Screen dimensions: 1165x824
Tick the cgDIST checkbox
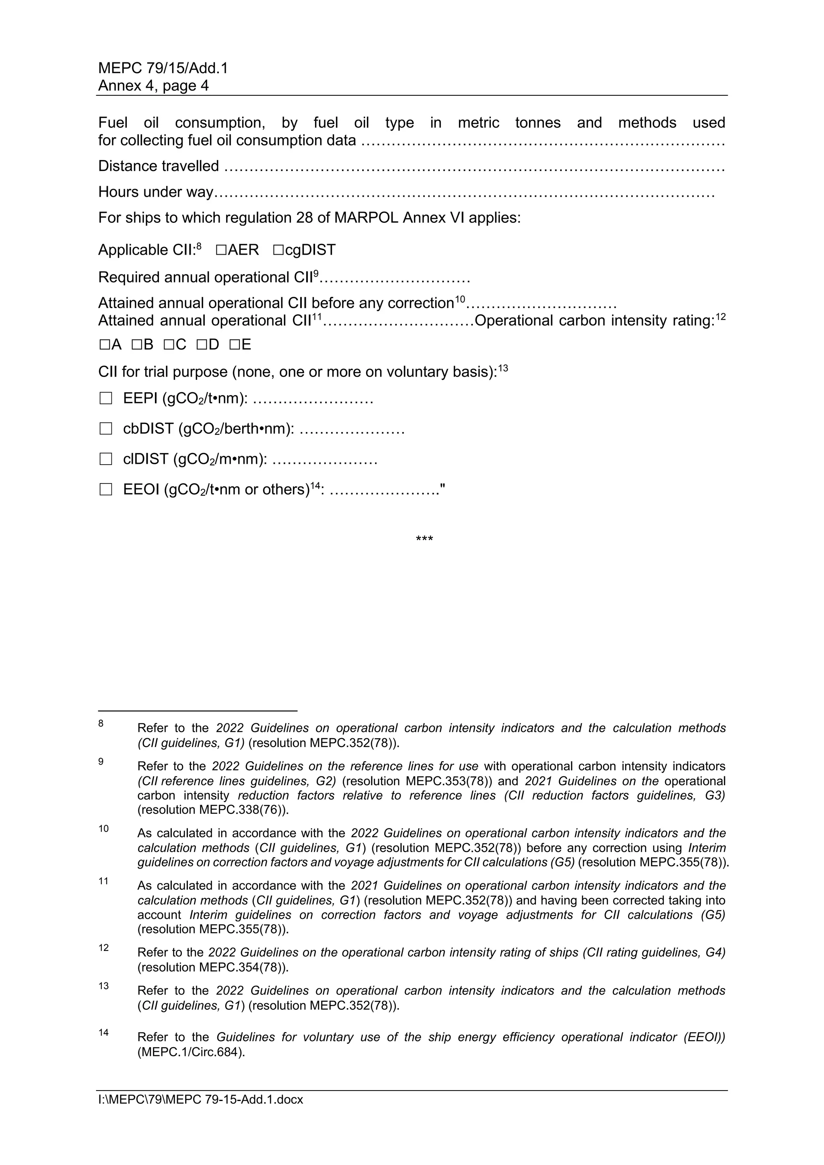[x=278, y=250]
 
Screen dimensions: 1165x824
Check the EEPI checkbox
[x=105, y=398]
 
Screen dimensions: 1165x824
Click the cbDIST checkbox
[x=105, y=429]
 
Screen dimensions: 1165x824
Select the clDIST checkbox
[x=105, y=459]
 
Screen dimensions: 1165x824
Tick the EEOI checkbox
[x=105, y=490]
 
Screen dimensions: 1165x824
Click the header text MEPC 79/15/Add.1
[x=163, y=68]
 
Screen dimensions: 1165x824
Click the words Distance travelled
[x=158, y=166]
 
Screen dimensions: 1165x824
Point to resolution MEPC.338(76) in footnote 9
[x=212, y=810]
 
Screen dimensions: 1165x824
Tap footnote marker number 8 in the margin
[x=101, y=723]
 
